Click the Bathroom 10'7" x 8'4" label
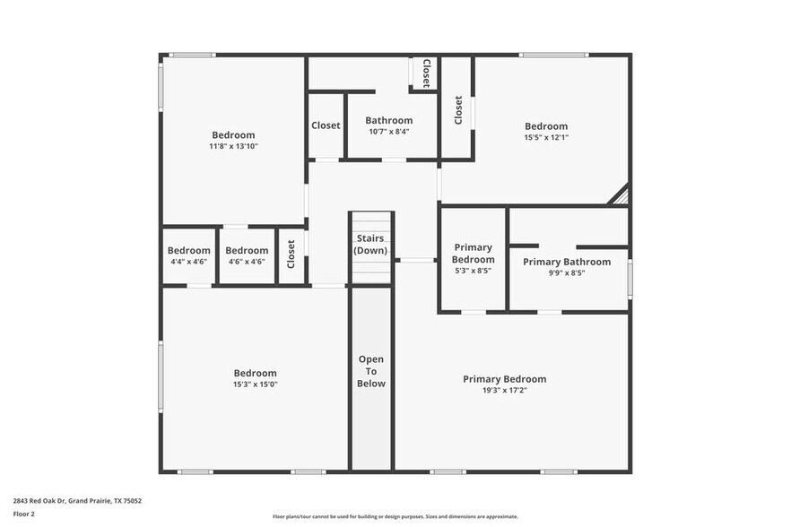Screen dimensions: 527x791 click(388, 125)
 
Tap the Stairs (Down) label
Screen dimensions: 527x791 click(371, 245)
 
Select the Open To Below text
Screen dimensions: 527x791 click(371, 371)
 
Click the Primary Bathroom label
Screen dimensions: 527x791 click(567, 262)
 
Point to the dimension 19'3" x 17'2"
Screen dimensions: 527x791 click(504, 391)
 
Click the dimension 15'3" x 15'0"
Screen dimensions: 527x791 click(255, 384)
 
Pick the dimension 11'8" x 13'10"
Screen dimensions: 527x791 click(233, 146)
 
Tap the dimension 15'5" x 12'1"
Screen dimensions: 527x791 click(545, 138)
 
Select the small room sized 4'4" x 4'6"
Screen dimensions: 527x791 click(189, 256)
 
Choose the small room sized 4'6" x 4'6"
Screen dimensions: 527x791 click(247, 256)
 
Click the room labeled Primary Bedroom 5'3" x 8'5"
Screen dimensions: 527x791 click(473, 258)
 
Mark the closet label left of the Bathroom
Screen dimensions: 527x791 click(326, 125)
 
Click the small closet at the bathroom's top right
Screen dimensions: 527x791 click(425, 73)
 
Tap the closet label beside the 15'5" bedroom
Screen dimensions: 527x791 click(458, 109)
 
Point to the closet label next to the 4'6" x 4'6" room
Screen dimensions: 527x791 click(291, 255)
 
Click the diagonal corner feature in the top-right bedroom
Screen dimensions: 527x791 click(619, 194)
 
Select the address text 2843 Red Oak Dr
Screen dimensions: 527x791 click(77, 501)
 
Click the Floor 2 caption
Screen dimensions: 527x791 click(23, 514)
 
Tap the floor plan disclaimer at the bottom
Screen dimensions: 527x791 click(395, 517)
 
